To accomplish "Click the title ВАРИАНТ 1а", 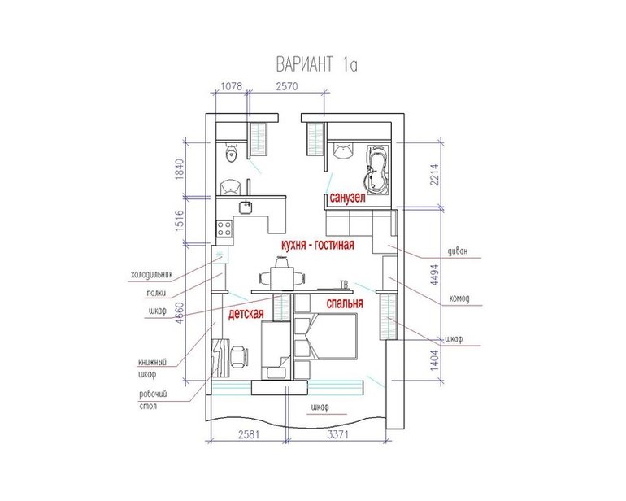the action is [316, 64].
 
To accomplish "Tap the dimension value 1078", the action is [232, 86].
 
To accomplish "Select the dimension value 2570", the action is [287, 86].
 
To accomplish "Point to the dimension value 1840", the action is [179, 169].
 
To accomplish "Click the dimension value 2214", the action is [435, 174].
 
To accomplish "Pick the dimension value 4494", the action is [435, 274].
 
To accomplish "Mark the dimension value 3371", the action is [337, 434].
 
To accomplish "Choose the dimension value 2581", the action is [249, 434].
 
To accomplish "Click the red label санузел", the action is [347, 198].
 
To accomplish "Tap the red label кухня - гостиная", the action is [318, 245].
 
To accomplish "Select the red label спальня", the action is [345, 303].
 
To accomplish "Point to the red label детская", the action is [246, 314].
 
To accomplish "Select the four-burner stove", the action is [224, 229].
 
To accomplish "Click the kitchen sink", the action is [246, 207].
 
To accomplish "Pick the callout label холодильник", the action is [152, 275].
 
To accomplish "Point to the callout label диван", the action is [458, 251].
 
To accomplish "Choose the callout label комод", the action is [459, 298].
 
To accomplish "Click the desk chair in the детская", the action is [239, 356].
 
